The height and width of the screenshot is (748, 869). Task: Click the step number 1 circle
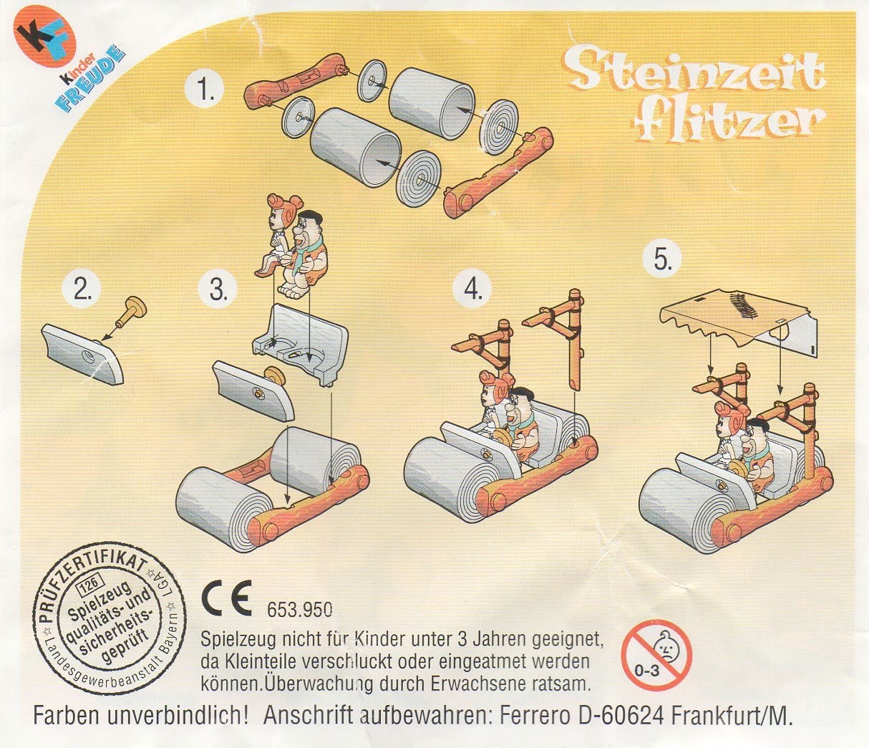pos(206,90)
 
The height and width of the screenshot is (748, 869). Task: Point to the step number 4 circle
pos(473,288)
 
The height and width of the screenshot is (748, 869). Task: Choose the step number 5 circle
pos(664,260)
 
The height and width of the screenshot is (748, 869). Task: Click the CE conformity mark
pos(226,601)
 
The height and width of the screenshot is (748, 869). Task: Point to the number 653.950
pos(299,610)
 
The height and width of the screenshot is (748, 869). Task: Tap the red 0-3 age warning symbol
pos(656,655)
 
